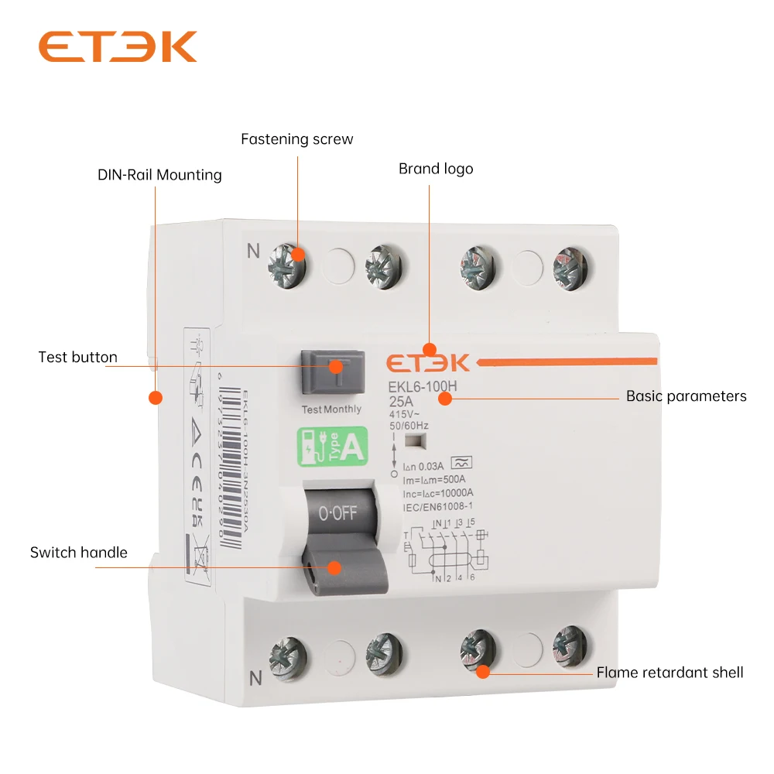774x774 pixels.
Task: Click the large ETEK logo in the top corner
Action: (118, 47)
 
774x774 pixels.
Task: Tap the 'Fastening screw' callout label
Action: (296, 139)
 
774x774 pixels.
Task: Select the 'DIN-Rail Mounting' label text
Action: (159, 175)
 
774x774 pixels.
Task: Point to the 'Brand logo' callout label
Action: (436, 169)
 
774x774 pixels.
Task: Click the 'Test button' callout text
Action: (77, 357)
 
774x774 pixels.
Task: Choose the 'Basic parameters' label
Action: (686, 396)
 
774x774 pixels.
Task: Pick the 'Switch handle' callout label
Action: (78, 552)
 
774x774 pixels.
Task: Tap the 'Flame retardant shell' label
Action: (670, 672)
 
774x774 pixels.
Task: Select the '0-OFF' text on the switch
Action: (337, 512)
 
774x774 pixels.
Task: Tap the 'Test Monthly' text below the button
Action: (331, 409)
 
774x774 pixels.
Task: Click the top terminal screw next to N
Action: (288, 262)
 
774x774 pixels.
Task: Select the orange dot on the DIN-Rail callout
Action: (156, 398)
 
